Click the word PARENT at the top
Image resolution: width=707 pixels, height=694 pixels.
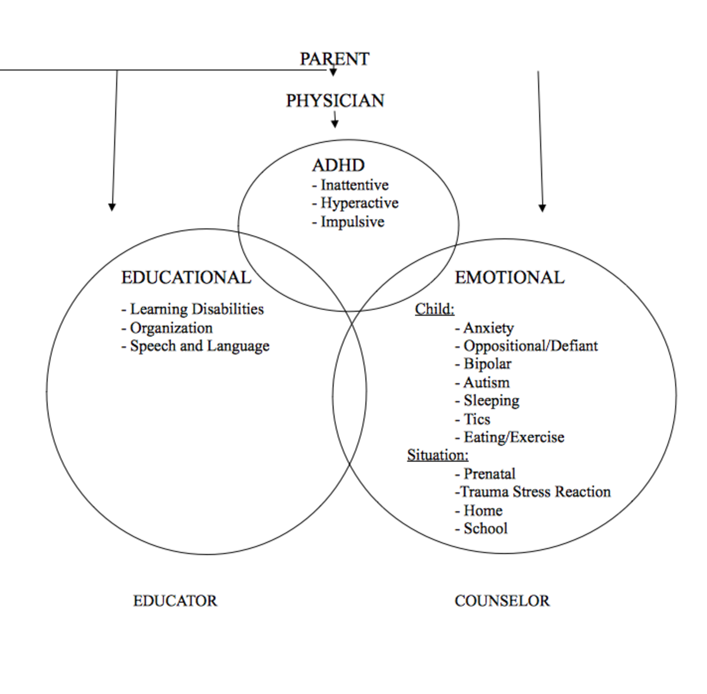point(334,59)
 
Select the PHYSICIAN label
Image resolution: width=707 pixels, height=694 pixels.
point(335,101)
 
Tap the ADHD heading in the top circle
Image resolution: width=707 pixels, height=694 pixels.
point(338,165)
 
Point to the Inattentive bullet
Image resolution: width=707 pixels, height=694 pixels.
point(351,185)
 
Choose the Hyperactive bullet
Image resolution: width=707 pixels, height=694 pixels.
point(355,203)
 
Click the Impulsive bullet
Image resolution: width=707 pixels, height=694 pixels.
point(348,222)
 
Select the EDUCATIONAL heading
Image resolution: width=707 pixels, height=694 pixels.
point(186,277)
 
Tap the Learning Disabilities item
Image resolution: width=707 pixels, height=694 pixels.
point(193,309)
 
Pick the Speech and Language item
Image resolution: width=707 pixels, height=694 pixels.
point(196,346)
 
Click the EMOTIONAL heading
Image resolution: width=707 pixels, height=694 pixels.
point(509,277)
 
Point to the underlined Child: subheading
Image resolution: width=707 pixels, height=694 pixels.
point(434,309)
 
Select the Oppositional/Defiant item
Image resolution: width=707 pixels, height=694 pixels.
point(526,346)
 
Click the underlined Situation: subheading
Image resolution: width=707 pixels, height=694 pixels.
point(438,455)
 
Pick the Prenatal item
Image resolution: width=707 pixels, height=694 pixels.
point(485,474)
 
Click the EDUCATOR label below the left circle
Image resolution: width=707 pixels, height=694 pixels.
point(175,601)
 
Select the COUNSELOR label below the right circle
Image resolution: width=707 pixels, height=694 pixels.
point(502,601)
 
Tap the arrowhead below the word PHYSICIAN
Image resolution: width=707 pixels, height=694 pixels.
point(335,124)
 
